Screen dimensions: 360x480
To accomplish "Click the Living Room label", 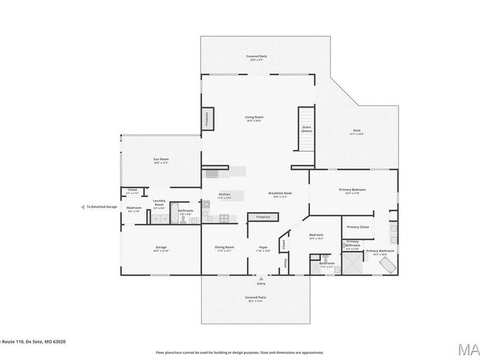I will click(254, 117).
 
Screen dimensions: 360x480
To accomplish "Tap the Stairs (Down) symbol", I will click(306, 129).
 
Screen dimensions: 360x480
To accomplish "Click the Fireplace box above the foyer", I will click(263, 217).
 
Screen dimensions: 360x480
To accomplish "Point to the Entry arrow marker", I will click(261, 278).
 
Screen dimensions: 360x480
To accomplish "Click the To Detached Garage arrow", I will click(83, 207).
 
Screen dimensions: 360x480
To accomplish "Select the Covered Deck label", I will click(257, 56).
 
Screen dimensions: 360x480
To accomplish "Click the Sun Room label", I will click(161, 159).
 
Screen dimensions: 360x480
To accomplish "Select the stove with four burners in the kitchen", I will click(224, 218).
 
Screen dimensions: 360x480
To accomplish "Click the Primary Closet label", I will click(357, 227).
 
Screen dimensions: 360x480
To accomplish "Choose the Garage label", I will click(161, 247).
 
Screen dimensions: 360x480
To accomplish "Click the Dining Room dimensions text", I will click(225, 251).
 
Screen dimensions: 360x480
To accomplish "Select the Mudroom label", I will click(134, 207).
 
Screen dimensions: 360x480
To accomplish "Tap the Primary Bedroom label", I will click(353, 189).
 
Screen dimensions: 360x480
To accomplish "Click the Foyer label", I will click(263, 247).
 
